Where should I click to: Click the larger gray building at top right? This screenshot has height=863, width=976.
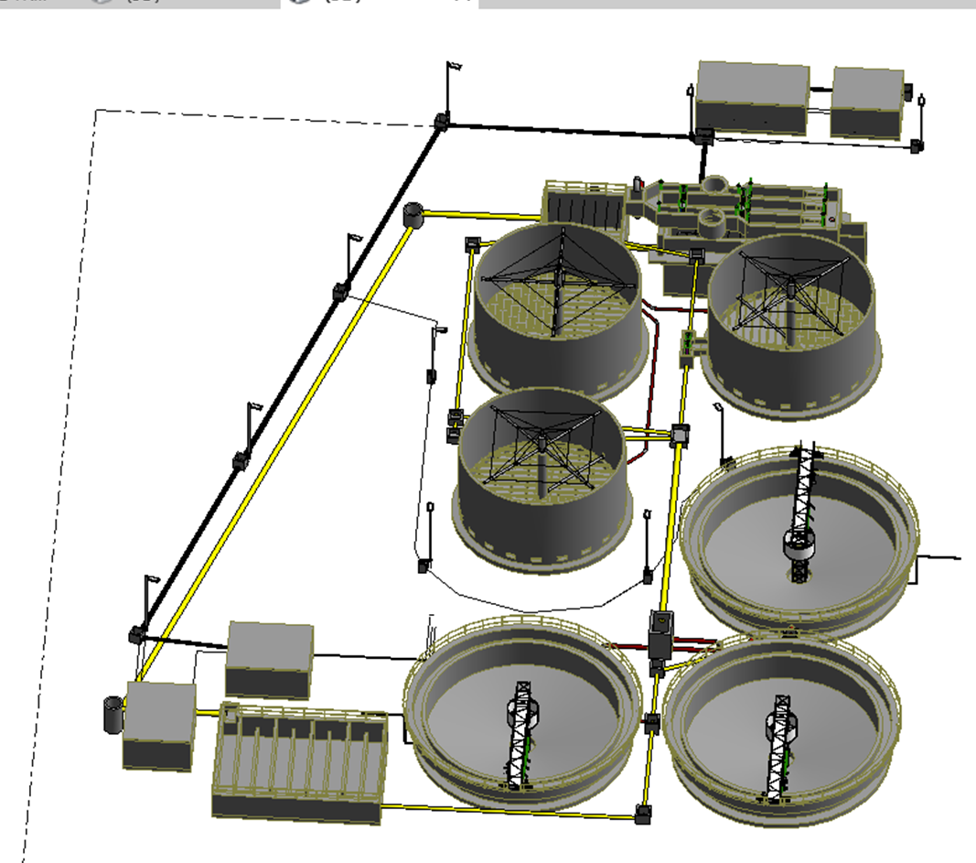tap(752, 96)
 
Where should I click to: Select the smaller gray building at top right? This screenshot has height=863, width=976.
tap(867, 102)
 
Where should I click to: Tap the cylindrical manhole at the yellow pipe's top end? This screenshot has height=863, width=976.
tap(414, 216)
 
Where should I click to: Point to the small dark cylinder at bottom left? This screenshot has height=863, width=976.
tap(113, 714)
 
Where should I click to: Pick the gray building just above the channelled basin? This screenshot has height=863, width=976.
tap(270, 658)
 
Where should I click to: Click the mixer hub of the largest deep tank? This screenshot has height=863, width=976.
tap(559, 274)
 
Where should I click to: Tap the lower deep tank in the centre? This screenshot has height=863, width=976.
tap(545, 480)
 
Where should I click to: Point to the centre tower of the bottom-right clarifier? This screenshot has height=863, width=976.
tap(779, 741)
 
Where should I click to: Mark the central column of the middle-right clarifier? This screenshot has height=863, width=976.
tap(802, 512)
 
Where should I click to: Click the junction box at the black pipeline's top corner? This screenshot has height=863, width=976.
tap(441, 121)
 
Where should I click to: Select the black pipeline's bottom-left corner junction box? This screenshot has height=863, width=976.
tap(137, 633)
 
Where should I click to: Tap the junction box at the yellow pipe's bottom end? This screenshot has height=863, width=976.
tap(644, 813)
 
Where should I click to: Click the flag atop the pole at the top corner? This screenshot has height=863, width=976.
tap(454, 66)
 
